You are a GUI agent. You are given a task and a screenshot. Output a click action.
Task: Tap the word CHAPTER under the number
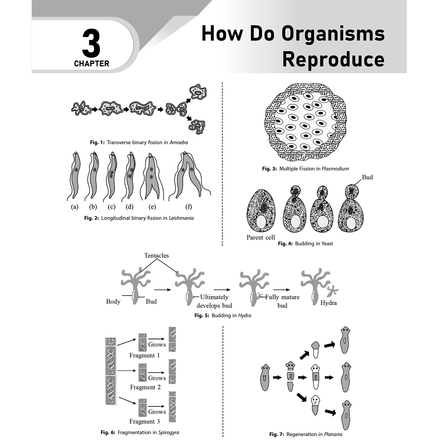tap(92, 64)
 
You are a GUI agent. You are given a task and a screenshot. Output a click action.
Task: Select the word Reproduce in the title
tap(334, 60)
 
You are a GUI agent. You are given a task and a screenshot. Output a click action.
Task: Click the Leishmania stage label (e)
tap(152, 207)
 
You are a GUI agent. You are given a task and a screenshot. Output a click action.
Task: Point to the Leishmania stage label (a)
tap(75, 207)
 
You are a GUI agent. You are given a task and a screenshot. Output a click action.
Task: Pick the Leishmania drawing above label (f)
tap(189, 176)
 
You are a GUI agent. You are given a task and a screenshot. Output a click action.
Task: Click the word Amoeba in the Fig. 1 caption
tap(179, 142)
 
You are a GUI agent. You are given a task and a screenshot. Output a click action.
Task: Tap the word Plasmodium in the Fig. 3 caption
tap(335, 169)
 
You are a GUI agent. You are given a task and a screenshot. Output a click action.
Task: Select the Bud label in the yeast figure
tap(367, 177)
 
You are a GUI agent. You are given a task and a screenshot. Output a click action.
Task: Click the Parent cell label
tap(261, 237)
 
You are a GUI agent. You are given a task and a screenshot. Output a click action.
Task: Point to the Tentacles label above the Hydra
tap(156, 255)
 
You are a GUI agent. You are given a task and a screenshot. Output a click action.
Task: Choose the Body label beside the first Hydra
tap(113, 301)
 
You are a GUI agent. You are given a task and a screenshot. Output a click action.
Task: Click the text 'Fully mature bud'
tap(282, 301)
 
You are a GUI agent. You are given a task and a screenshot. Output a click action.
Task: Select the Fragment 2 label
tap(145, 387)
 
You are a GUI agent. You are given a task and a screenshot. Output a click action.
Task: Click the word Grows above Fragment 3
tap(157, 412)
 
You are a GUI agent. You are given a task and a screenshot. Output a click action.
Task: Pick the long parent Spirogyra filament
tap(110, 371)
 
